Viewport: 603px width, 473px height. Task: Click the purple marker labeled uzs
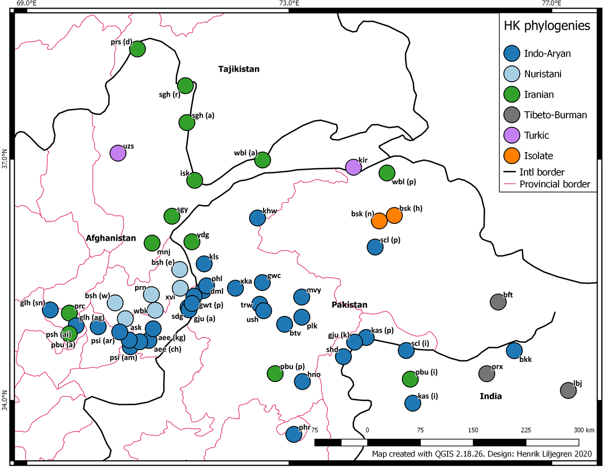pos(118,153)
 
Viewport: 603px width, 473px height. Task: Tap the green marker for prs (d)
pos(138,49)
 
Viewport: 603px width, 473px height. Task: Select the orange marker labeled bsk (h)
pos(394,215)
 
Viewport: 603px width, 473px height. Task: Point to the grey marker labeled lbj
pos(568,390)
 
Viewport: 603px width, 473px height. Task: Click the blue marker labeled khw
pos(258,218)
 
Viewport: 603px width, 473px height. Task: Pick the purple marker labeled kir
pos(354,167)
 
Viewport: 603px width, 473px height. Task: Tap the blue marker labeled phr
pos(294,434)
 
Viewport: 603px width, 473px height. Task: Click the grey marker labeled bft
pos(498,302)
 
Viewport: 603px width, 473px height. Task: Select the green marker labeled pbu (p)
pos(275,374)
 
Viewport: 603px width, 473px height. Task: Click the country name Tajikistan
pos(238,69)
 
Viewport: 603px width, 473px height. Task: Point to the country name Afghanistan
pos(111,238)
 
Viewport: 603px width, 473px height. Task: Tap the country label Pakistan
pos(349,305)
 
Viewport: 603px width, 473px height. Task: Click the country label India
pos(491,396)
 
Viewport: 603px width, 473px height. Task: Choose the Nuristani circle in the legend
pos(512,74)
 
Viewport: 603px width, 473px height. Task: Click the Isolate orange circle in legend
pos(512,156)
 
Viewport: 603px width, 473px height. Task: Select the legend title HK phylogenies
pos(547,26)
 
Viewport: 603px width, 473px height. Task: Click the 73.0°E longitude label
pos(289,4)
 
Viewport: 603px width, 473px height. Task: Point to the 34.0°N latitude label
pos(5,400)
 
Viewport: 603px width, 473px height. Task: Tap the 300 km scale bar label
pos(584,430)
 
